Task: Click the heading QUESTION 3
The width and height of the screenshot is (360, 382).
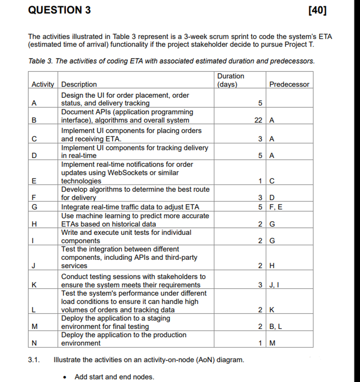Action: tap(59, 10)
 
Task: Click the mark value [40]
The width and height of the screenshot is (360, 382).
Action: tap(318, 10)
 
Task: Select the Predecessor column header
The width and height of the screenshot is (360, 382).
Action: tap(289, 84)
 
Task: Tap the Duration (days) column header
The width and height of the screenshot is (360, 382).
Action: tap(230, 80)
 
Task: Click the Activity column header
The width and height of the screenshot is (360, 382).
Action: tap(43, 84)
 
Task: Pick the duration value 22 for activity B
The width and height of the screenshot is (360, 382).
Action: tap(258, 121)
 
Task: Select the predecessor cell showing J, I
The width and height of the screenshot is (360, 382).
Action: tap(274, 285)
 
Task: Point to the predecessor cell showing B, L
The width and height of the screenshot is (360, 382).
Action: tap(276, 327)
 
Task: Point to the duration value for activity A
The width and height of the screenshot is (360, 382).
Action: tap(260, 103)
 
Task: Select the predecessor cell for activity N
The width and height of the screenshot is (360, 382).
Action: tap(273, 343)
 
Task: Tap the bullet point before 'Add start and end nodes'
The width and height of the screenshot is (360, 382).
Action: tap(64, 377)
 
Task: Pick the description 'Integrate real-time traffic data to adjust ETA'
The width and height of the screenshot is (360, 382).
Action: tap(130, 207)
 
